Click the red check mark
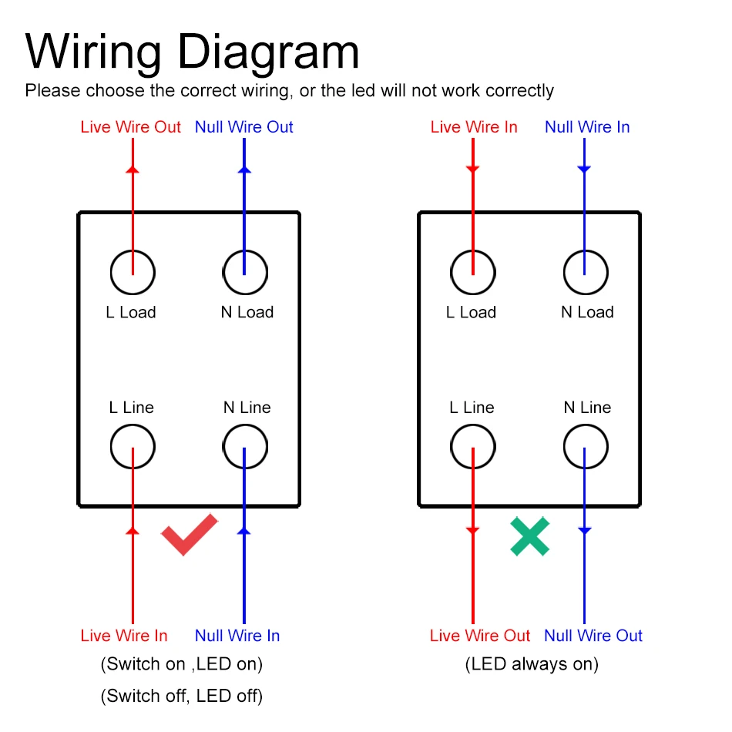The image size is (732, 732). (188, 535)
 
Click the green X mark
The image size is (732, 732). (530, 537)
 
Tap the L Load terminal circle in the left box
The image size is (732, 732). (133, 272)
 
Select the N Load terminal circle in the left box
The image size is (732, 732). (245, 272)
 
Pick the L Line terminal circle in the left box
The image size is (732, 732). (133, 446)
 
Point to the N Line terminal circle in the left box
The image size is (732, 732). (245, 446)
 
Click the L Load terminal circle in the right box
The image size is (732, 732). (472, 272)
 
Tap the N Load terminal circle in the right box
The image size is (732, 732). (585, 272)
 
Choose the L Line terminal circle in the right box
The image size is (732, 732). (472, 446)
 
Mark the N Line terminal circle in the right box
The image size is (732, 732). (585, 446)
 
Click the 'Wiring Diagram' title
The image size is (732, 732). (193, 52)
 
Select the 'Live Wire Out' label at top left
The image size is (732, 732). (130, 127)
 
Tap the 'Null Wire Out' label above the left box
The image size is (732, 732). (244, 127)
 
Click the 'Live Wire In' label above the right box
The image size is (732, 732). (474, 127)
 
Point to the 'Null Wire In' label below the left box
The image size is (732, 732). (237, 636)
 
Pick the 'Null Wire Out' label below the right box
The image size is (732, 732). (593, 636)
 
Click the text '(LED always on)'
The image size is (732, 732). (532, 664)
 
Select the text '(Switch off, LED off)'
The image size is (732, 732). (182, 697)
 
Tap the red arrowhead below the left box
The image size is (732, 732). (133, 530)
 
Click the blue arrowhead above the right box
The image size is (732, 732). (584, 168)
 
